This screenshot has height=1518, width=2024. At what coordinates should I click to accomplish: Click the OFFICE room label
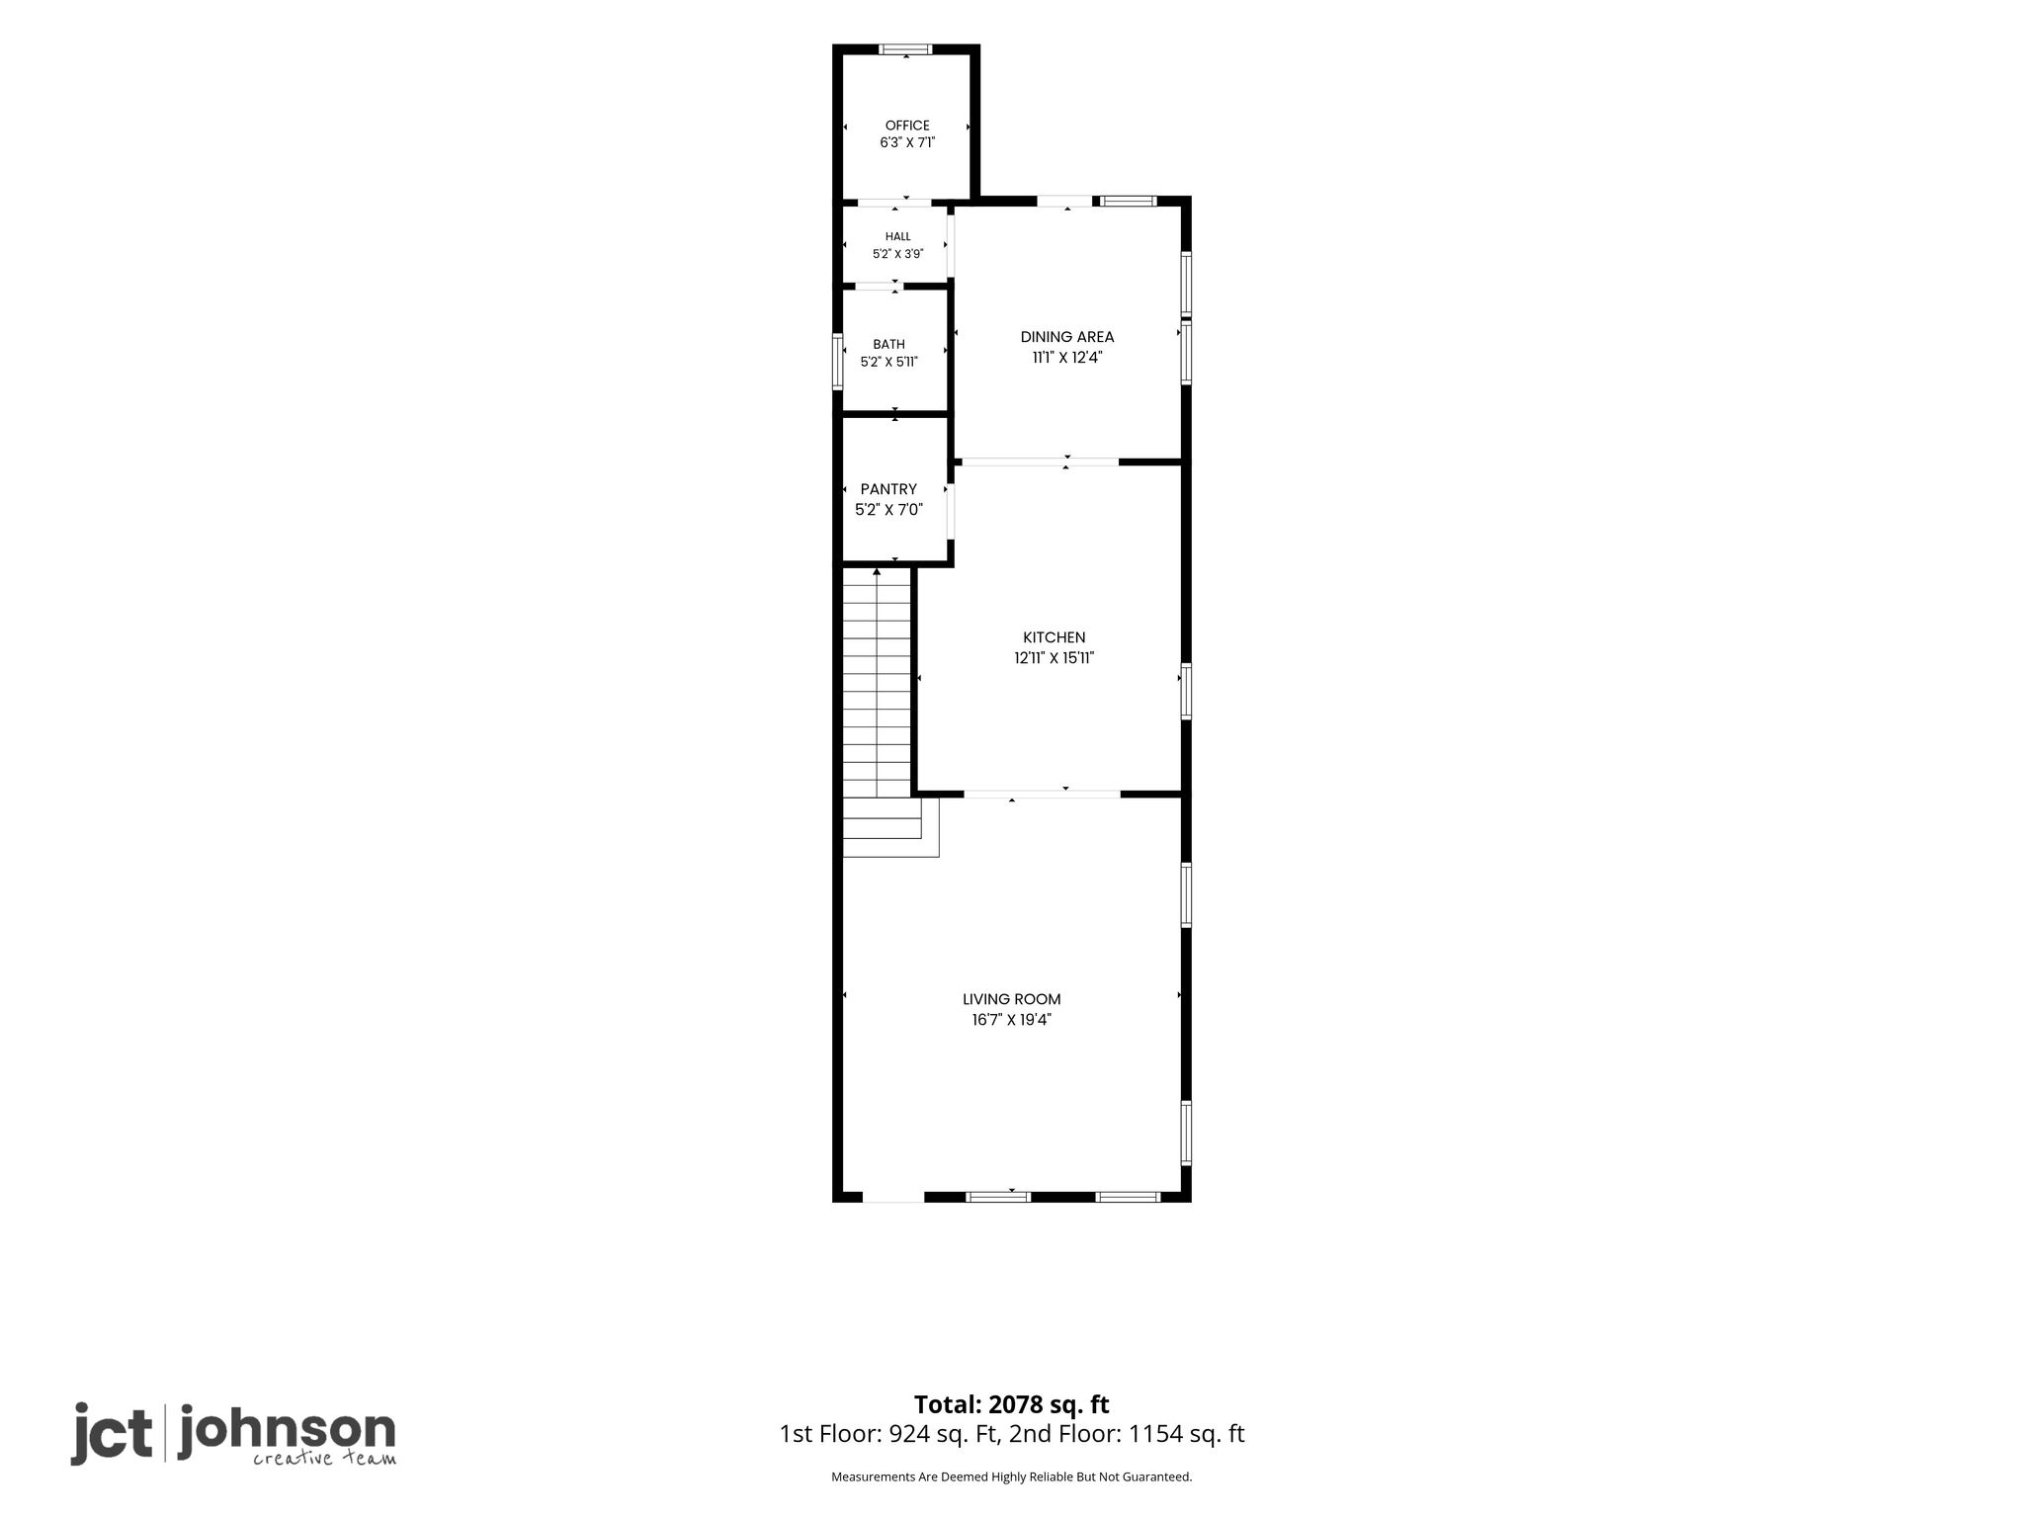click(907, 126)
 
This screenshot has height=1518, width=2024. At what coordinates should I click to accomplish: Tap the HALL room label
click(898, 237)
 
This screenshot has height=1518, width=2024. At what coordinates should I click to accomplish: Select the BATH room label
click(889, 344)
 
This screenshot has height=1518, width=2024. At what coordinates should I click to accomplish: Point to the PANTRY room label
click(888, 489)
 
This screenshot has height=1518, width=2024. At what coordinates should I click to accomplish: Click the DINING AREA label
click(1067, 337)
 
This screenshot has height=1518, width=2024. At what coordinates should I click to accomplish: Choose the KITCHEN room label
click(1054, 637)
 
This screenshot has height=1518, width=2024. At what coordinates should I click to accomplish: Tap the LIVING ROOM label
click(1012, 999)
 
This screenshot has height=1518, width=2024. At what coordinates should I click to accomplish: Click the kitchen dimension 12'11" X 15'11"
click(1054, 658)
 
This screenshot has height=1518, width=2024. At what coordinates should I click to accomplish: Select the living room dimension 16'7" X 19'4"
click(1012, 1020)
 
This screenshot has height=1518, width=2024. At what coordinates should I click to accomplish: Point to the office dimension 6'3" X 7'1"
click(907, 143)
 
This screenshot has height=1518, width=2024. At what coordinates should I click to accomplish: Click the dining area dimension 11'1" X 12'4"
click(1067, 358)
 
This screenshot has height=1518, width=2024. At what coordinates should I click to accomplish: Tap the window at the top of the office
click(906, 49)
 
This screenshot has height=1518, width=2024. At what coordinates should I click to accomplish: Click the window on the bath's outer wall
click(838, 364)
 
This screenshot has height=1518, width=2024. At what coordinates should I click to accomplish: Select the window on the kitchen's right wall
click(1186, 691)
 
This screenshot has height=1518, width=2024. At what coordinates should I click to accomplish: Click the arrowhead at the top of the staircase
click(877, 572)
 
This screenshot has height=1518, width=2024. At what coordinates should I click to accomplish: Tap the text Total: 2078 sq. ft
click(1011, 1404)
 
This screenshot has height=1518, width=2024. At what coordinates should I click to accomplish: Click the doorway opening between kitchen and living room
click(1042, 794)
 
